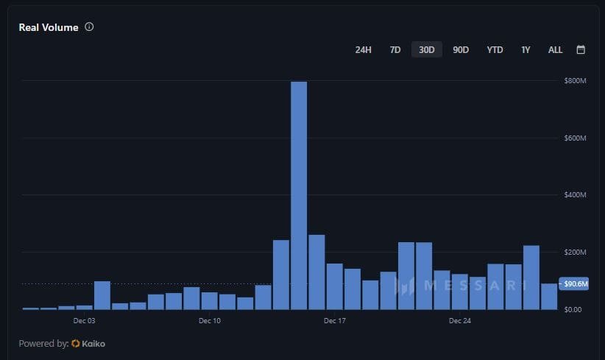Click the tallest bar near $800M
pos(299,195)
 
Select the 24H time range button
pos(363,50)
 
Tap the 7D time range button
pos(395,50)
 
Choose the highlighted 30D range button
pos(427,50)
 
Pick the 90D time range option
pos(461,50)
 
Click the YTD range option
pos(495,50)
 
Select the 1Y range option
pos(526,50)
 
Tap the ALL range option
pos(555,50)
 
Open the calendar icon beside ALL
pos(581,50)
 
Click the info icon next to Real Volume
pos(89,27)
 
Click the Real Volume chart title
pos(49,27)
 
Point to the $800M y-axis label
pos(575,80)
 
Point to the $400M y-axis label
pos(575,195)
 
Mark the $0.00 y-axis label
pos(573,309)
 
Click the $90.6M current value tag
pos(574,284)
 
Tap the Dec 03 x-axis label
pos(85,321)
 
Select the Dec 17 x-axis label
pos(334,321)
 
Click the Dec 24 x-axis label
pos(459,321)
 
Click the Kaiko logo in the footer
pos(89,344)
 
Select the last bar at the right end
pos(549,297)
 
